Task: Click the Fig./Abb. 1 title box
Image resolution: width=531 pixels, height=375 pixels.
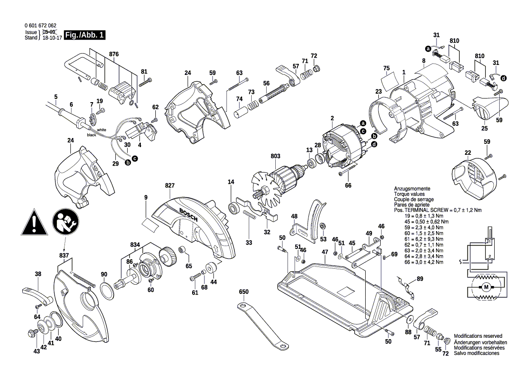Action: (85, 35)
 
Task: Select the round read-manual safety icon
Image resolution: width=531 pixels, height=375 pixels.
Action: (66, 222)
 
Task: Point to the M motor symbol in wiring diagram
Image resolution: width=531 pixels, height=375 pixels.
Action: (486, 287)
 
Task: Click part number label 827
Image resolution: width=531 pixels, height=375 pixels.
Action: (170, 186)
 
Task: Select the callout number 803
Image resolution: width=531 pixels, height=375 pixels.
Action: (275, 156)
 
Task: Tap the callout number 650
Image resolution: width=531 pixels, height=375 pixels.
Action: (243, 292)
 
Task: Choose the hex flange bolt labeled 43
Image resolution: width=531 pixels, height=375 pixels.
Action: (31, 333)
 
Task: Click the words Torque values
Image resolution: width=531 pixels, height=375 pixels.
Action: (409, 194)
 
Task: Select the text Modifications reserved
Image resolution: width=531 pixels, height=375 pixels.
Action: (478, 336)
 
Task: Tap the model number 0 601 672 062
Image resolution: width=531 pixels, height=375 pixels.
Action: (40, 25)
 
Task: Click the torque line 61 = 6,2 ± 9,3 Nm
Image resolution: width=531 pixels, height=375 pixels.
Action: (424, 239)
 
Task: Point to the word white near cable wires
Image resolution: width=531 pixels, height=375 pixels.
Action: (101, 130)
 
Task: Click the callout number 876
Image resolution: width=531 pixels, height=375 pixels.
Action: (114, 54)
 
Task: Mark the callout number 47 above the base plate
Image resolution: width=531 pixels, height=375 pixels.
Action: (325, 252)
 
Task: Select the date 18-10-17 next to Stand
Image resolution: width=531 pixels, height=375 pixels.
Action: (52, 38)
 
